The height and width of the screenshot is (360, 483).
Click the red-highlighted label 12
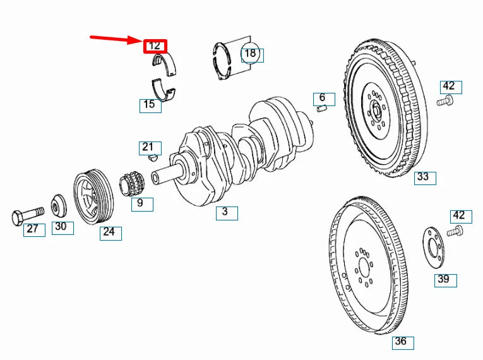pyautogui.click(x=155, y=46)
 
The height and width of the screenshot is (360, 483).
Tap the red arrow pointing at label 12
pyautogui.click(x=117, y=40)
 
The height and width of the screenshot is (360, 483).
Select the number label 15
pyautogui.click(x=150, y=105)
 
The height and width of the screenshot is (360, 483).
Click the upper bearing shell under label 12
pyautogui.click(x=165, y=65)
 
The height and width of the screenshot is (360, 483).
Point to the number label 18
pyautogui.click(x=251, y=54)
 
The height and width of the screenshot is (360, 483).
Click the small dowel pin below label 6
pyautogui.click(x=321, y=109)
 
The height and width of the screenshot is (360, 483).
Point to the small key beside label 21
pyautogui.click(x=152, y=159)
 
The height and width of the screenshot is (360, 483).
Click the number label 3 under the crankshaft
pyautogui.click(x=225, y=212)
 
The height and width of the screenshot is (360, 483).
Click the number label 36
pyautogui.click(x=401, y=342)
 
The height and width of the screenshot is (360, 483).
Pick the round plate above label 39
pyautogui.click(x=433, y=248)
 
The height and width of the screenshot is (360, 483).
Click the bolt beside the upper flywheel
pyautogui.click(x=446, y=100)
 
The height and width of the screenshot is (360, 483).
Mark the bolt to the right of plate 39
pyautogui.click(x=455, y=232)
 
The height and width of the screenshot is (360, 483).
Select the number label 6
pyautogui.click(x=323, y=98)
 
